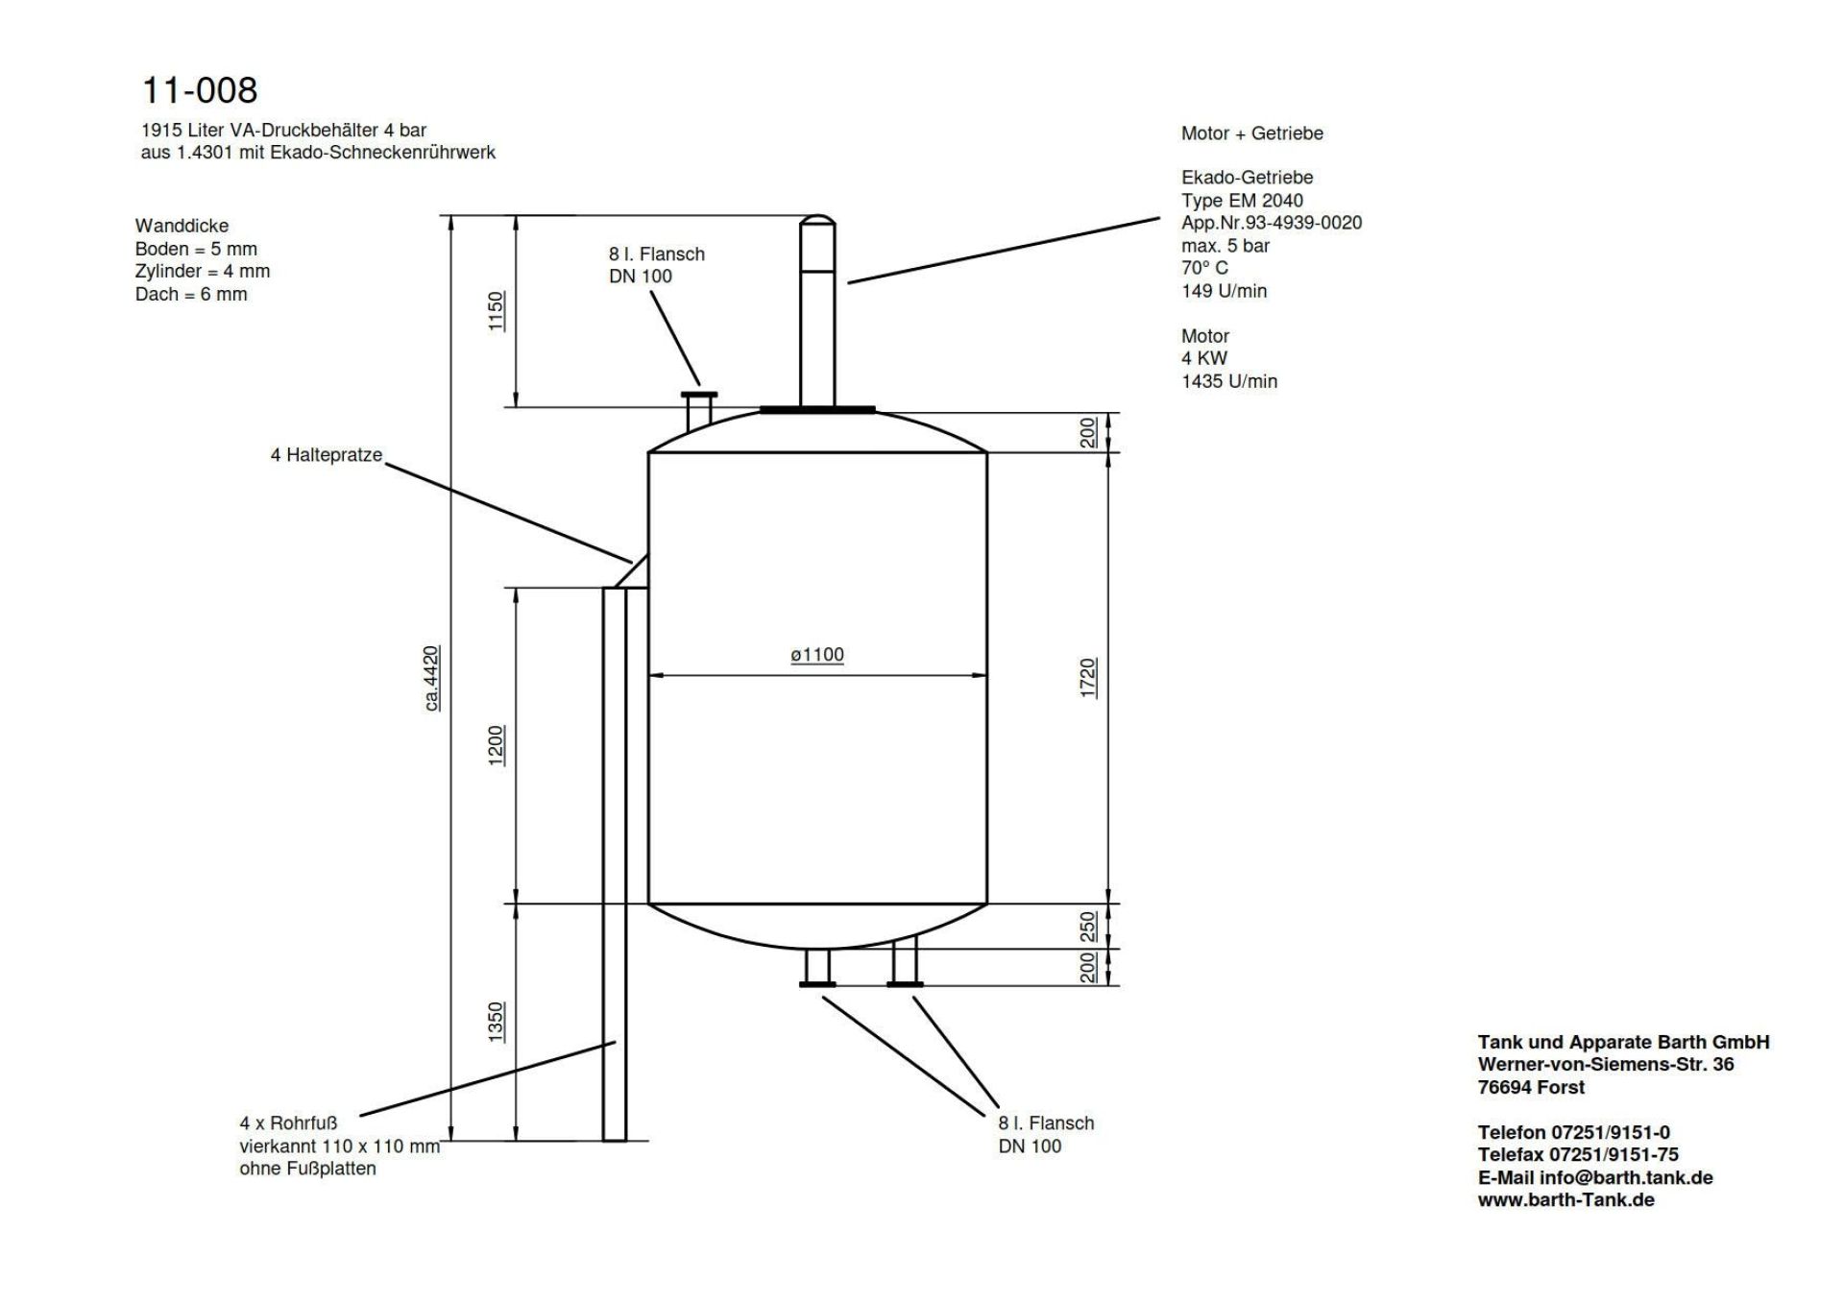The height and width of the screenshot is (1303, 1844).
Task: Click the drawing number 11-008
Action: tap(200, 90)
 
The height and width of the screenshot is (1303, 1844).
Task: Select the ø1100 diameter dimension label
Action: tap(817, 655)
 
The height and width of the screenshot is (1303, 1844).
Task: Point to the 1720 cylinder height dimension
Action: tap(1088, 678)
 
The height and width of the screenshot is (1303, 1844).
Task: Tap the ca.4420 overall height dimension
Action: tap(432, 679)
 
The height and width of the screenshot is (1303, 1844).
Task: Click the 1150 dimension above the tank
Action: tap(497, 311)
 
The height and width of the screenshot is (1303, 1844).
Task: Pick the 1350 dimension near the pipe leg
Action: tap(497, 1022)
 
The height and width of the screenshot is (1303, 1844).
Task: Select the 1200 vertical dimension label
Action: tap(497, 745)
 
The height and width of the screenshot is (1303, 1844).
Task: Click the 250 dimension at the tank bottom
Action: tap(1088, 927)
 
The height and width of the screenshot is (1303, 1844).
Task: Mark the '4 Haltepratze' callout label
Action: tap(327, 455)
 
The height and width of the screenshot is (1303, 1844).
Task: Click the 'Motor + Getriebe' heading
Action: tap(1252, 133)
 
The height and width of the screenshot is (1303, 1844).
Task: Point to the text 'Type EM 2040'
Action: tap(1243, 200)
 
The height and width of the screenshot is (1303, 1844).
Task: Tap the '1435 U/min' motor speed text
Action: tap(1229, 381)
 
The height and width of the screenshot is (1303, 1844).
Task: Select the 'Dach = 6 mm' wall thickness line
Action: tap(191, 295)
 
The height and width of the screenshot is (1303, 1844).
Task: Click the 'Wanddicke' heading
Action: tap(182, 226)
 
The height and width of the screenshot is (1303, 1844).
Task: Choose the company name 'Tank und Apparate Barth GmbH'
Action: tap(1624, 1042)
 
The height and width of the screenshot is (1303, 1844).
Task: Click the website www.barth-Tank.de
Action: tap(1566, 1200)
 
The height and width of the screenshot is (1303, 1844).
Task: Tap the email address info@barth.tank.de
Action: tap(1626, 1177)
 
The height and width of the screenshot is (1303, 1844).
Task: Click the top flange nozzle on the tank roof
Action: tap(699, 410)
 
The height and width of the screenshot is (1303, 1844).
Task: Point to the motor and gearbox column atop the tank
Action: tap(817, 310)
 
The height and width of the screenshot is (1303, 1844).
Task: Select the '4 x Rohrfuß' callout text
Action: tap(288, 1123)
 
